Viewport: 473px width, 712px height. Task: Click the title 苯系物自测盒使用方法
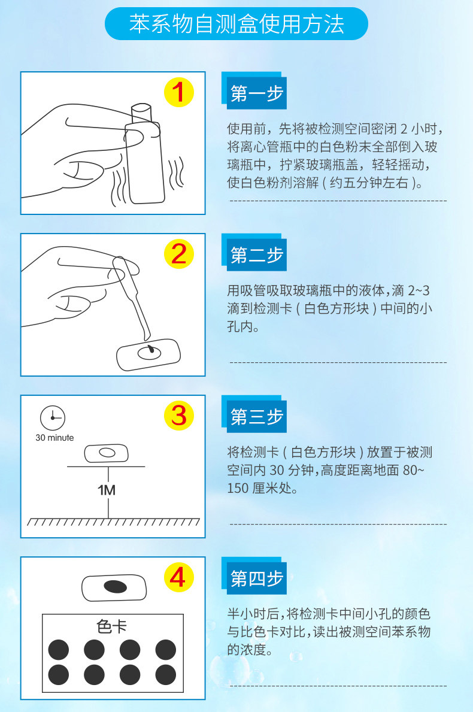(x=236, y=24)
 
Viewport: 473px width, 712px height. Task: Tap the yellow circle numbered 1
(x=179, y=93)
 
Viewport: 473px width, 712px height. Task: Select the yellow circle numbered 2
(x=179, y=254)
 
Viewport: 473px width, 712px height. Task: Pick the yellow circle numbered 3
(x=179, y=416)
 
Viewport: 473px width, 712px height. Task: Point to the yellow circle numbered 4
(x=179, y=577)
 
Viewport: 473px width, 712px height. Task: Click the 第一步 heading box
(x=254, y=91)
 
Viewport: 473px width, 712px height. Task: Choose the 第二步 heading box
(x=254, y=253)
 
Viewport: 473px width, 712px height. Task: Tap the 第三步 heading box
(x=254, y=414)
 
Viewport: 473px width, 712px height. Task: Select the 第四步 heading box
(x=254, y=576)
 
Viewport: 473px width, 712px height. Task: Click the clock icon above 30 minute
(x=53, y=418)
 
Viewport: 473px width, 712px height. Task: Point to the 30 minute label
(x=55, y=438)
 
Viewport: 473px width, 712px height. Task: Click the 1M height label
(x=106, y=490)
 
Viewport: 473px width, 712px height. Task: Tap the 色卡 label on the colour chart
(x=112, y=627)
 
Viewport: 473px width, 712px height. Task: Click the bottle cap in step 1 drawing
(x=141, y=113)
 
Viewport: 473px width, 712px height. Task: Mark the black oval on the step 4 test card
(x=116, y=587)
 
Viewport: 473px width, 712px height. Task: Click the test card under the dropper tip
(x=148, y=354)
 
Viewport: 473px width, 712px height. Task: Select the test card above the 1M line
(x=106, y=453)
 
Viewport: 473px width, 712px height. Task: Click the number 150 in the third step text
(x=238, y=489)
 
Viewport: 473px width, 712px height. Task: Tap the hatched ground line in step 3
(x=113, y=522)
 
